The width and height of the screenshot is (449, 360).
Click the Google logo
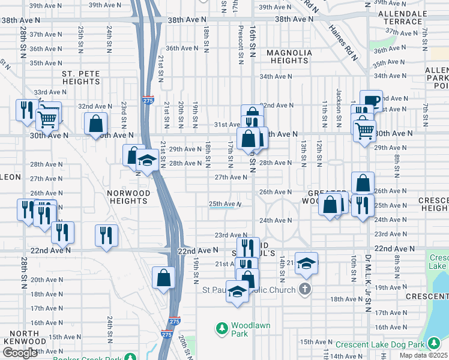pyautogui.click(x=19, y=353)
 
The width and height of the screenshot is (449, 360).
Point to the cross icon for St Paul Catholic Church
pyautogui.click(x=305, y=290)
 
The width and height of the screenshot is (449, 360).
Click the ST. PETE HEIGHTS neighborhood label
pyautogui.click(x=85, y=77)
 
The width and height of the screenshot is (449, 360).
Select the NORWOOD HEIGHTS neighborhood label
pyautogui.click(x=128, y=197)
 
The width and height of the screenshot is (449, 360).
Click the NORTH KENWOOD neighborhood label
pyautogui.click(x=20, y=337)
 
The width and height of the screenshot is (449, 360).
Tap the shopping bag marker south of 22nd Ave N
pyautogui.click(x=163, y=277)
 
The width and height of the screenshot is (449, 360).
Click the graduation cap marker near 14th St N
pyautogui.click(x=306, y=263)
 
